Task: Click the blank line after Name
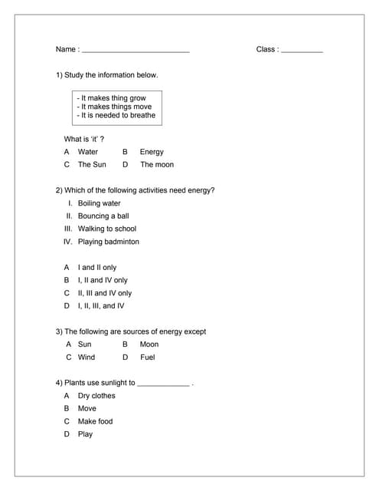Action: tap(135, 51)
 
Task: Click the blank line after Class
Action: tap(302, 51)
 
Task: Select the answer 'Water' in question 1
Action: tap(88, 152)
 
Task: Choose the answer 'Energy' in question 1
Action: tap(152, 152)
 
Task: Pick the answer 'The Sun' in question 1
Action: tap(92, 164)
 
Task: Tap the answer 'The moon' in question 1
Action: tap(156, 164)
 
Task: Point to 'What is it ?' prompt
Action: tap(84, 139)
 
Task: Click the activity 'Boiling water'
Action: tap(99, 203)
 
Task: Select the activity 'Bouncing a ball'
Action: tap(103, 216)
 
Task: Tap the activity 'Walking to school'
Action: tap(107, 229)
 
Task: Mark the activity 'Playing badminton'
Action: tap(109, 242)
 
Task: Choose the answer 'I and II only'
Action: tap(97, 268)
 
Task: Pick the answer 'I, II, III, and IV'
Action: tap(101, 305)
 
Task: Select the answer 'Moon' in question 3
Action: tap(149, 344)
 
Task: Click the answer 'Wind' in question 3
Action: tap(87, 357)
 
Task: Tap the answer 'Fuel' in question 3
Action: tap(148, 357)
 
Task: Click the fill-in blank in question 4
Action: tap(163, 384)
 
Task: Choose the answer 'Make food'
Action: tap(95, 421)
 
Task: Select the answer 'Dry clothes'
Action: tap(96, 396)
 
